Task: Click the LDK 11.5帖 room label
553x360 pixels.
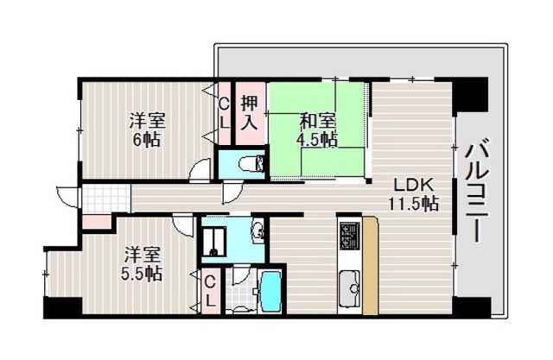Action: click(x=413, y=193)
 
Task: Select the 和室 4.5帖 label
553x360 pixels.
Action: click(x=317, y=130)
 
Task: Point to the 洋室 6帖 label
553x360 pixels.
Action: click(x=147, y=129)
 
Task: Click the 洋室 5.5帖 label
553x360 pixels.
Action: click(x=142, y=264)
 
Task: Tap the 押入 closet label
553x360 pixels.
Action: click(x=250, y=113)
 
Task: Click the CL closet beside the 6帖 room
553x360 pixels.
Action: click(x=225, y=113)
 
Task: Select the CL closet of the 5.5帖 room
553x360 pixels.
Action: click(x=211, y=291)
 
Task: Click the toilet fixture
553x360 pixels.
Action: click(x=252, y=164)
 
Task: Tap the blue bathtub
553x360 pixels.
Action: click(x=270, y=291)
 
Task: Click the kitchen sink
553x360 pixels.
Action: click(x=349, y=287)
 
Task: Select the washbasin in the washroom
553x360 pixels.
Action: click(x=257, y=231)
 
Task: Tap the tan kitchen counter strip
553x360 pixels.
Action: click(x=371, y=266)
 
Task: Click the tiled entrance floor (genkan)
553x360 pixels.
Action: click(x=106, y=199)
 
